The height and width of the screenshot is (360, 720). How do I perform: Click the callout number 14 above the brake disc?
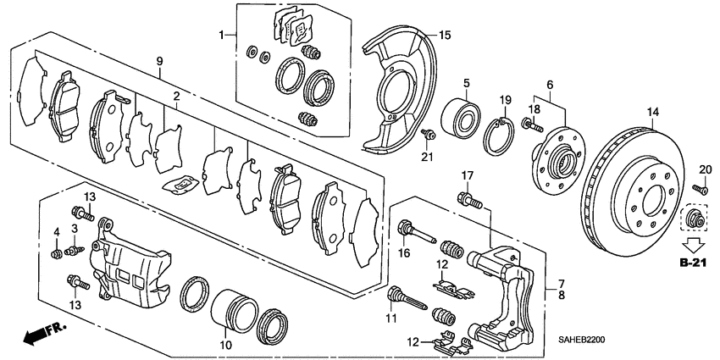652,113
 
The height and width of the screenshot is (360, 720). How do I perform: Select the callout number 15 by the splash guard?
445,35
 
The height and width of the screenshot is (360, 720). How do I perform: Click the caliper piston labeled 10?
233,310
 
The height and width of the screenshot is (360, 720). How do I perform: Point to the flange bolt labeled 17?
465,201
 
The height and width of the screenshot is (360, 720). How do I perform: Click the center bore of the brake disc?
654,202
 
